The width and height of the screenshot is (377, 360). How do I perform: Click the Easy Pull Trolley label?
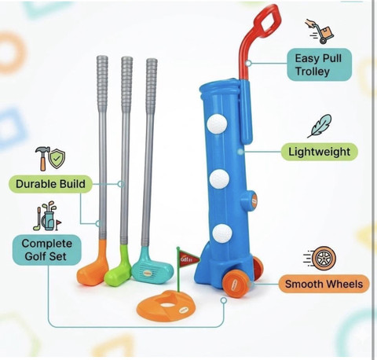320,64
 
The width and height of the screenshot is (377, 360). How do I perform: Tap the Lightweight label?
320,152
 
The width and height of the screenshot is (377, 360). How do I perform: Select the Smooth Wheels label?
324,284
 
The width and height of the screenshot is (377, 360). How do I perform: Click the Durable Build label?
50,184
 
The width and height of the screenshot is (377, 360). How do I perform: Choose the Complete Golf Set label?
47,250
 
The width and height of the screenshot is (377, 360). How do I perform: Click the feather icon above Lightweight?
320,126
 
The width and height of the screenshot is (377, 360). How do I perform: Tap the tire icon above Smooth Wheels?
320,259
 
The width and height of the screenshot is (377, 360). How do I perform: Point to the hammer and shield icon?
50,158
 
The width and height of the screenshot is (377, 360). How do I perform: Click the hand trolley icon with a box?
320,31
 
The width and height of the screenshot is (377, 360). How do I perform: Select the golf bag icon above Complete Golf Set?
47,216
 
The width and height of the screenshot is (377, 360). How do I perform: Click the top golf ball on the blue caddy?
217,124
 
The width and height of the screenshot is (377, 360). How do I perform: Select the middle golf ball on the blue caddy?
219,178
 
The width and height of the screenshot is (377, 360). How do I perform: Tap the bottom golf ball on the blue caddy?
222,233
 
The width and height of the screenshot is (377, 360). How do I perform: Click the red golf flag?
188,259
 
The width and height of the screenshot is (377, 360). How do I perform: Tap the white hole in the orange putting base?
167,305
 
